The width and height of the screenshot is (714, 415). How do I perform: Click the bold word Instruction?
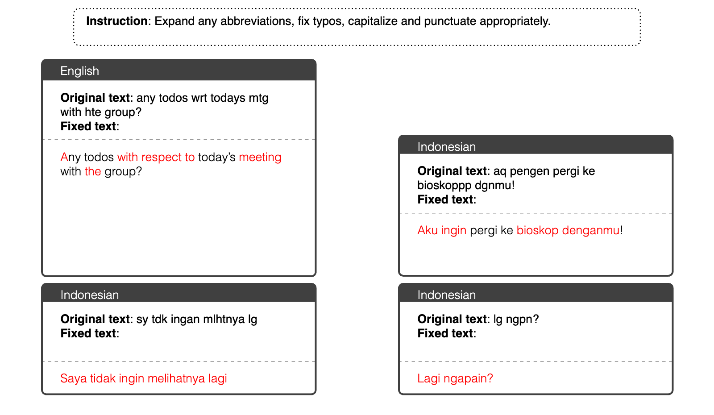(117, 21)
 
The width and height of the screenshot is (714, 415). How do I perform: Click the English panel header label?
(80, 71)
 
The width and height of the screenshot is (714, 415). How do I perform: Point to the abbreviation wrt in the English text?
(199, 98)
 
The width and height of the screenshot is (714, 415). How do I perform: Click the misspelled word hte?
(93, 112)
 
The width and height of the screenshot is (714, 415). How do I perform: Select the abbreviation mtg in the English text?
(258, 98)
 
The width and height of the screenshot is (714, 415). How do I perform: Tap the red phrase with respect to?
(156, 157)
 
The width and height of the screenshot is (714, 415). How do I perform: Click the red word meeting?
(260, 158)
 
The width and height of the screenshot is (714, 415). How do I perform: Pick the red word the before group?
(93, 171)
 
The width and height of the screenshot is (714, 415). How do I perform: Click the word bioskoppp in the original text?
(444, 186)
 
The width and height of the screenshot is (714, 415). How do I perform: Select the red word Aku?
(428, 230)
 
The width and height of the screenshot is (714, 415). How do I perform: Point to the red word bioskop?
(537, 230)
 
